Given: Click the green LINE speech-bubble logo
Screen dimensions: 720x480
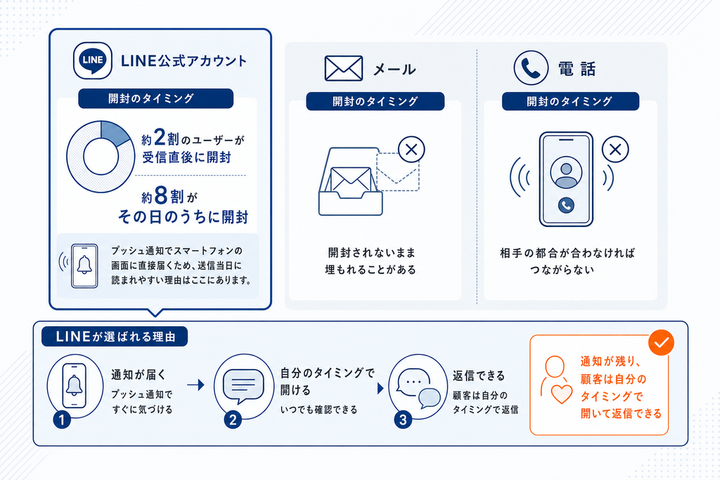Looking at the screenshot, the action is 92,60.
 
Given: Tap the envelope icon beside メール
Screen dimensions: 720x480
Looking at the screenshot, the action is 343,68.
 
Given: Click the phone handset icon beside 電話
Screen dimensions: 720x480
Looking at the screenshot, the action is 531,68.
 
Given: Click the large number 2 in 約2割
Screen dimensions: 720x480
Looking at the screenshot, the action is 160,137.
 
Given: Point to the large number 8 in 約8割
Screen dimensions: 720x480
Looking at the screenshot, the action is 161,195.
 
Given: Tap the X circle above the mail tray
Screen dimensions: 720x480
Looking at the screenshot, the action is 411,149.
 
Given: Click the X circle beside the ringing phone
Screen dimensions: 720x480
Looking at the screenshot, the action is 615,149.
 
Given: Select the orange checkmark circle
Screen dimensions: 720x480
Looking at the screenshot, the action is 661,342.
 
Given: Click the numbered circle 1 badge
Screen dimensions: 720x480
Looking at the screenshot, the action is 62,420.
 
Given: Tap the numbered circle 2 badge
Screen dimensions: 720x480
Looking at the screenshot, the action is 233,420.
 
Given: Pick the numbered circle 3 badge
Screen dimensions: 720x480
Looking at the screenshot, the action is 403,420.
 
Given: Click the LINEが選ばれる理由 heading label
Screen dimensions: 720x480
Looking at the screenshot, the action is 115,337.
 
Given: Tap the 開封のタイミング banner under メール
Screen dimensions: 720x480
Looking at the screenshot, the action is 375,101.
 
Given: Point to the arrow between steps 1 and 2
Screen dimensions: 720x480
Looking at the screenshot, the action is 195,384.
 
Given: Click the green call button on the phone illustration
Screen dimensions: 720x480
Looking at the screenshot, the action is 566,205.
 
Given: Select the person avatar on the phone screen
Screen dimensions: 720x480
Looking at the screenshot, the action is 566,173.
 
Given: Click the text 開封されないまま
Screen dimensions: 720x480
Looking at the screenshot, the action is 371,252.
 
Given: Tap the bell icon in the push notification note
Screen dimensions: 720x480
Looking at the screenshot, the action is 84,265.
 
